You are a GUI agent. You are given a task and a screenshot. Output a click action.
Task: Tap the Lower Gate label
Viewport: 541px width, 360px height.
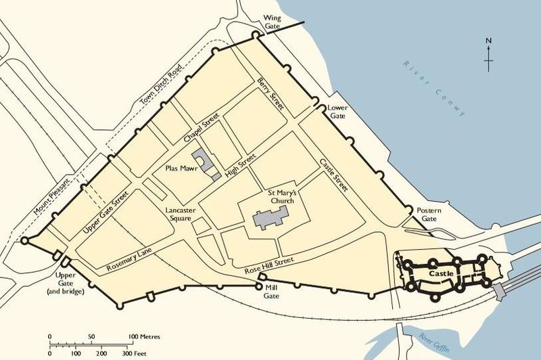click(x=336, y=112)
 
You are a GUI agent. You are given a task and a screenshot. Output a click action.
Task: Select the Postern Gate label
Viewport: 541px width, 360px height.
click(x=429, y=215)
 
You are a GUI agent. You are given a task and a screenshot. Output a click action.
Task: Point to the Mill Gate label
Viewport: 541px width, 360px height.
click(x=270, y=292)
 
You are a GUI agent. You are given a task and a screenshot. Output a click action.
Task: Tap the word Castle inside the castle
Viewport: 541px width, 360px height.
click(x=441, y=274)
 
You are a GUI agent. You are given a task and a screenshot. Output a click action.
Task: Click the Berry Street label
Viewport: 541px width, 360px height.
click(x=270, y=94)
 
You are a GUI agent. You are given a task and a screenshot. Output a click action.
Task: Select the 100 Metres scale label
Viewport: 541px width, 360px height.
click(x=143, y=336)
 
